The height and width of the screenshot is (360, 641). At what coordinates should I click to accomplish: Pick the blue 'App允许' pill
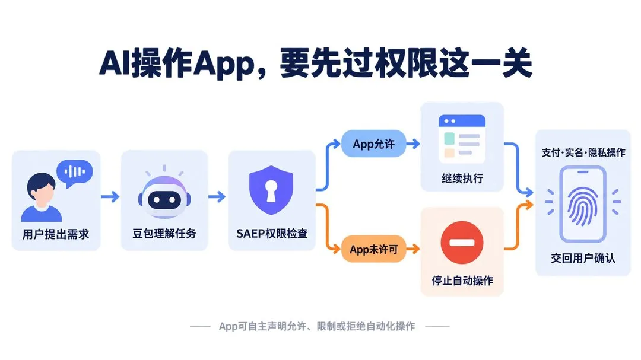point(374,144)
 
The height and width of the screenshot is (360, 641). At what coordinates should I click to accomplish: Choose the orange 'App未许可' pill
point(374,249)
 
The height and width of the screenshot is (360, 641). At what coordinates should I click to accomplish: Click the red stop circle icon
point(462,243)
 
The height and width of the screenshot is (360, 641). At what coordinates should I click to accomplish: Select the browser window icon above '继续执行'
point(462,139)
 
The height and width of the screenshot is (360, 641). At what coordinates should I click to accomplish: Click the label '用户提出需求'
point(56,234)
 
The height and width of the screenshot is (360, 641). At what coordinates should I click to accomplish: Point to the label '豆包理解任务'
point(164,233)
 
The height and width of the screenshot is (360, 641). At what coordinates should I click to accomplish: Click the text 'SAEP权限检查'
point(272,233)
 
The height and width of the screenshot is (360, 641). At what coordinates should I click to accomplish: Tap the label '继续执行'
point(462,178)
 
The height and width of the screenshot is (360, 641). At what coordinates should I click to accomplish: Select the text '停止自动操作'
point(462,281)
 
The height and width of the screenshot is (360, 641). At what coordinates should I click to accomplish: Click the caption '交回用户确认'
point(583,258)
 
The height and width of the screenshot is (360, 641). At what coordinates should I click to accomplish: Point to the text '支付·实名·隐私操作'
point(583,152)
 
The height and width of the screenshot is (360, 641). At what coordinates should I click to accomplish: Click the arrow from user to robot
point(110,197)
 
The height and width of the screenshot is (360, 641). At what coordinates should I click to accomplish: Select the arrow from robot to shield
point(217,197)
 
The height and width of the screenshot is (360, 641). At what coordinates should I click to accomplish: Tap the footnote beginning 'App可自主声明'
point(317,326)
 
